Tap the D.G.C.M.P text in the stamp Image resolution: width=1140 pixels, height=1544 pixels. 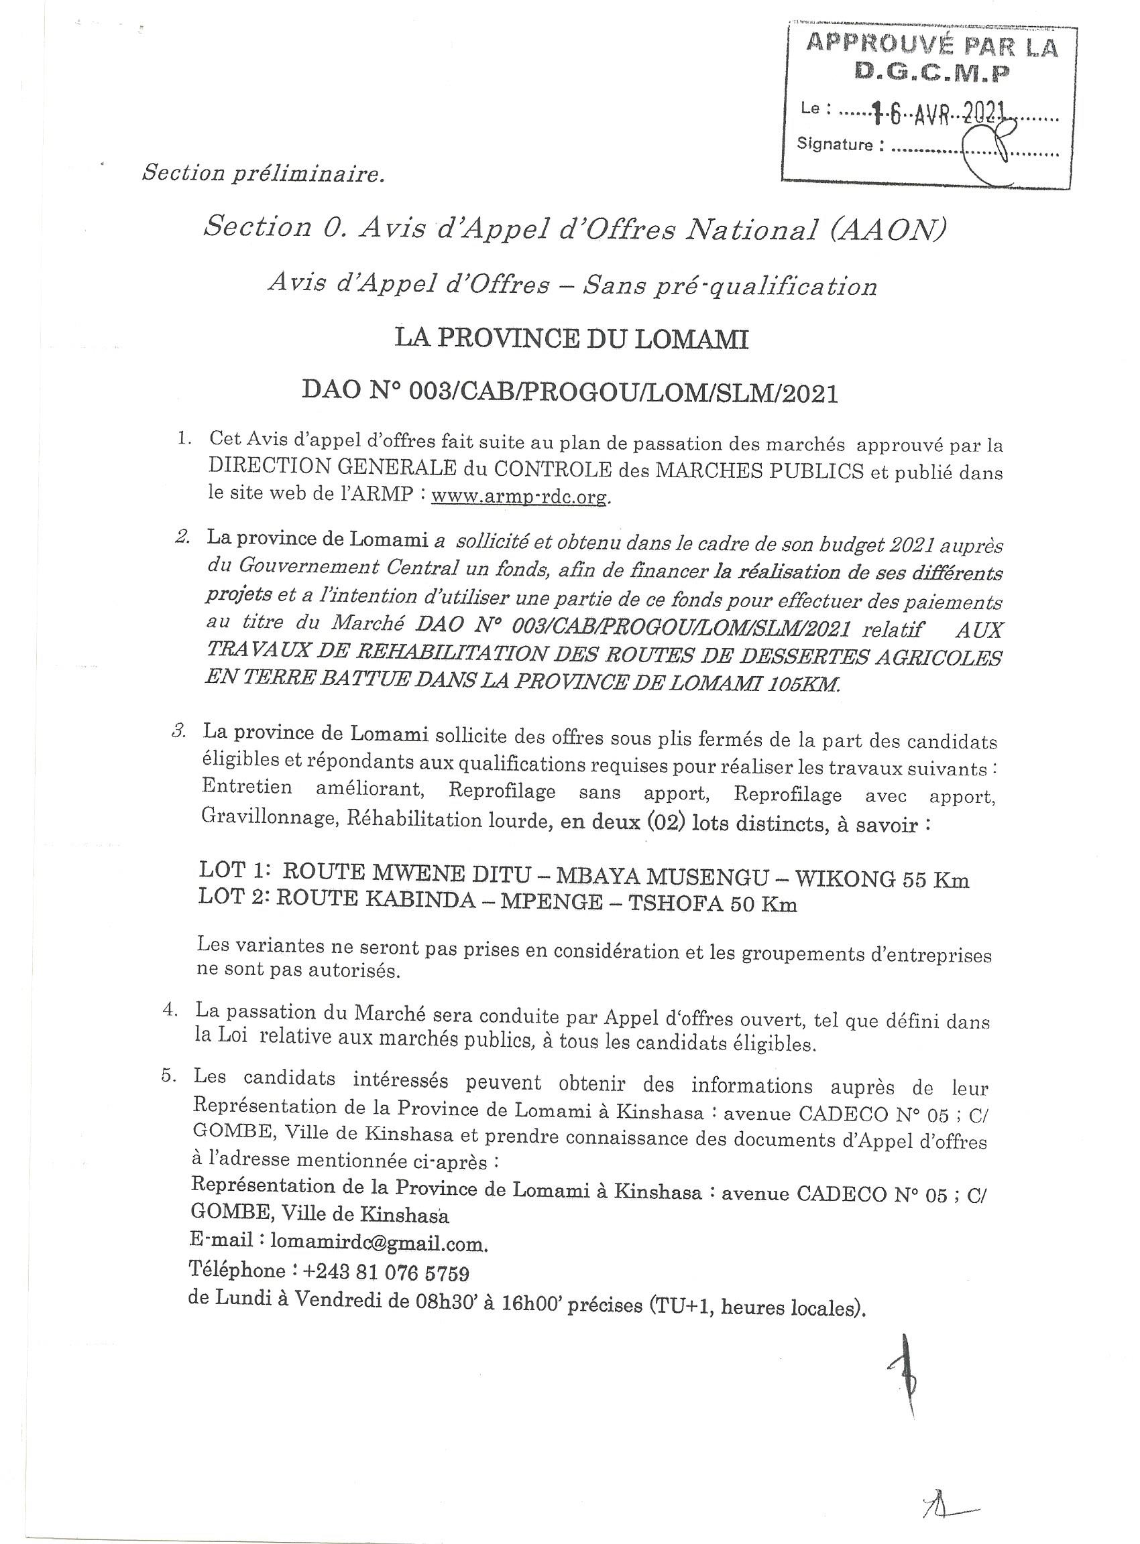click(931, 72)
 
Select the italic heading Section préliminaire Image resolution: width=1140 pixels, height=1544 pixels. click(263, 174)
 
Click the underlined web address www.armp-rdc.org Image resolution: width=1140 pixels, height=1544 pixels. click(520, 497)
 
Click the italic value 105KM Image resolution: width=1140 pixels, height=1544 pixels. click(803, 685)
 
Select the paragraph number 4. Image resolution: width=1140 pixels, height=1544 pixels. click(168, 1011)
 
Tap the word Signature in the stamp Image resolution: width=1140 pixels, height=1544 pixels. click(834, 145)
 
